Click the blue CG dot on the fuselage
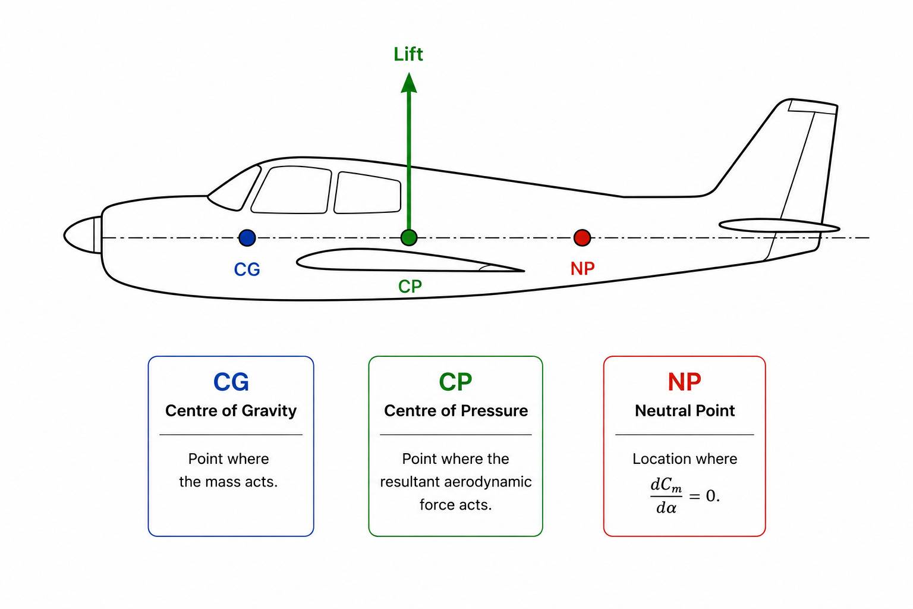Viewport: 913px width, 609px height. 247,237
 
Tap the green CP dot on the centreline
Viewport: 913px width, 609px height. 409,237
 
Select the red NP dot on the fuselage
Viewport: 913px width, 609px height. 582,237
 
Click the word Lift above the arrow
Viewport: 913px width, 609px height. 408,54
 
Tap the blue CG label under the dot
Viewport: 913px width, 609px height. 247,269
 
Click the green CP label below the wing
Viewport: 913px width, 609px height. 410,286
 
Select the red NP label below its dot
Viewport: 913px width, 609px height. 583,269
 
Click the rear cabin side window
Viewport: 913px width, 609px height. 367,193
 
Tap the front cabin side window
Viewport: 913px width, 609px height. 291,190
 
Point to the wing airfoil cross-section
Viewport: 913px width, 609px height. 408,260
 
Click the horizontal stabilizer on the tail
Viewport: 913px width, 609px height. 779,225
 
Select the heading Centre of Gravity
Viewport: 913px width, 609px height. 231,410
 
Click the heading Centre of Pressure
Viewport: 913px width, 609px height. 456,410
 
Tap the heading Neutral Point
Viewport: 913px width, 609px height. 685,410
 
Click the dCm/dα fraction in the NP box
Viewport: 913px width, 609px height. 666,496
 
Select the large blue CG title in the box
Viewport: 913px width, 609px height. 231,382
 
